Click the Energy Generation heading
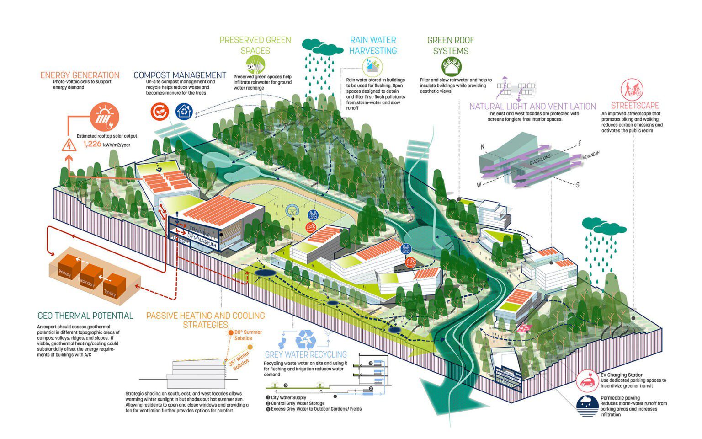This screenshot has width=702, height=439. pyautogui.click(x=80, y=75)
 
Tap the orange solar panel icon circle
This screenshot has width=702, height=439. pyautogui.click(x=104, y=117)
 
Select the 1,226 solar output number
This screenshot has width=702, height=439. pyautogui.click(x=92, y=144)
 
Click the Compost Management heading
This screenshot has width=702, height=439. pyautogui.click(x=180, y=75)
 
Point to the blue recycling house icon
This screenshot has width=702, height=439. pyautogui.click(x=184, y=111)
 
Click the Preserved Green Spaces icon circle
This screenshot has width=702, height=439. pyautogui.click(x=255, y=64)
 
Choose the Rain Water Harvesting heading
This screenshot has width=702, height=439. pyautogui.click(x=373, y=45)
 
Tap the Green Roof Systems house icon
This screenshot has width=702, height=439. pyautogui.click(x=451, y=67)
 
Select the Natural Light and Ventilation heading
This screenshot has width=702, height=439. pyautogui.click(x=532, y=107)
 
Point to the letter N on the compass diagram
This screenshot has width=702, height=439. pyautogui.click(x=482, y=147)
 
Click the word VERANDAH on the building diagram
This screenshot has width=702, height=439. pyautogui.click(x=590, y=155)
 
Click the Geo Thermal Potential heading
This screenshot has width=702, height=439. pyautogui.click(x=85, y=316)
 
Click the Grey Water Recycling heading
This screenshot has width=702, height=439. pyautogui.click(x=306, y=354)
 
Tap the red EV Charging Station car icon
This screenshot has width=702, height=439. pyautogui.click(x=587, y=380)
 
